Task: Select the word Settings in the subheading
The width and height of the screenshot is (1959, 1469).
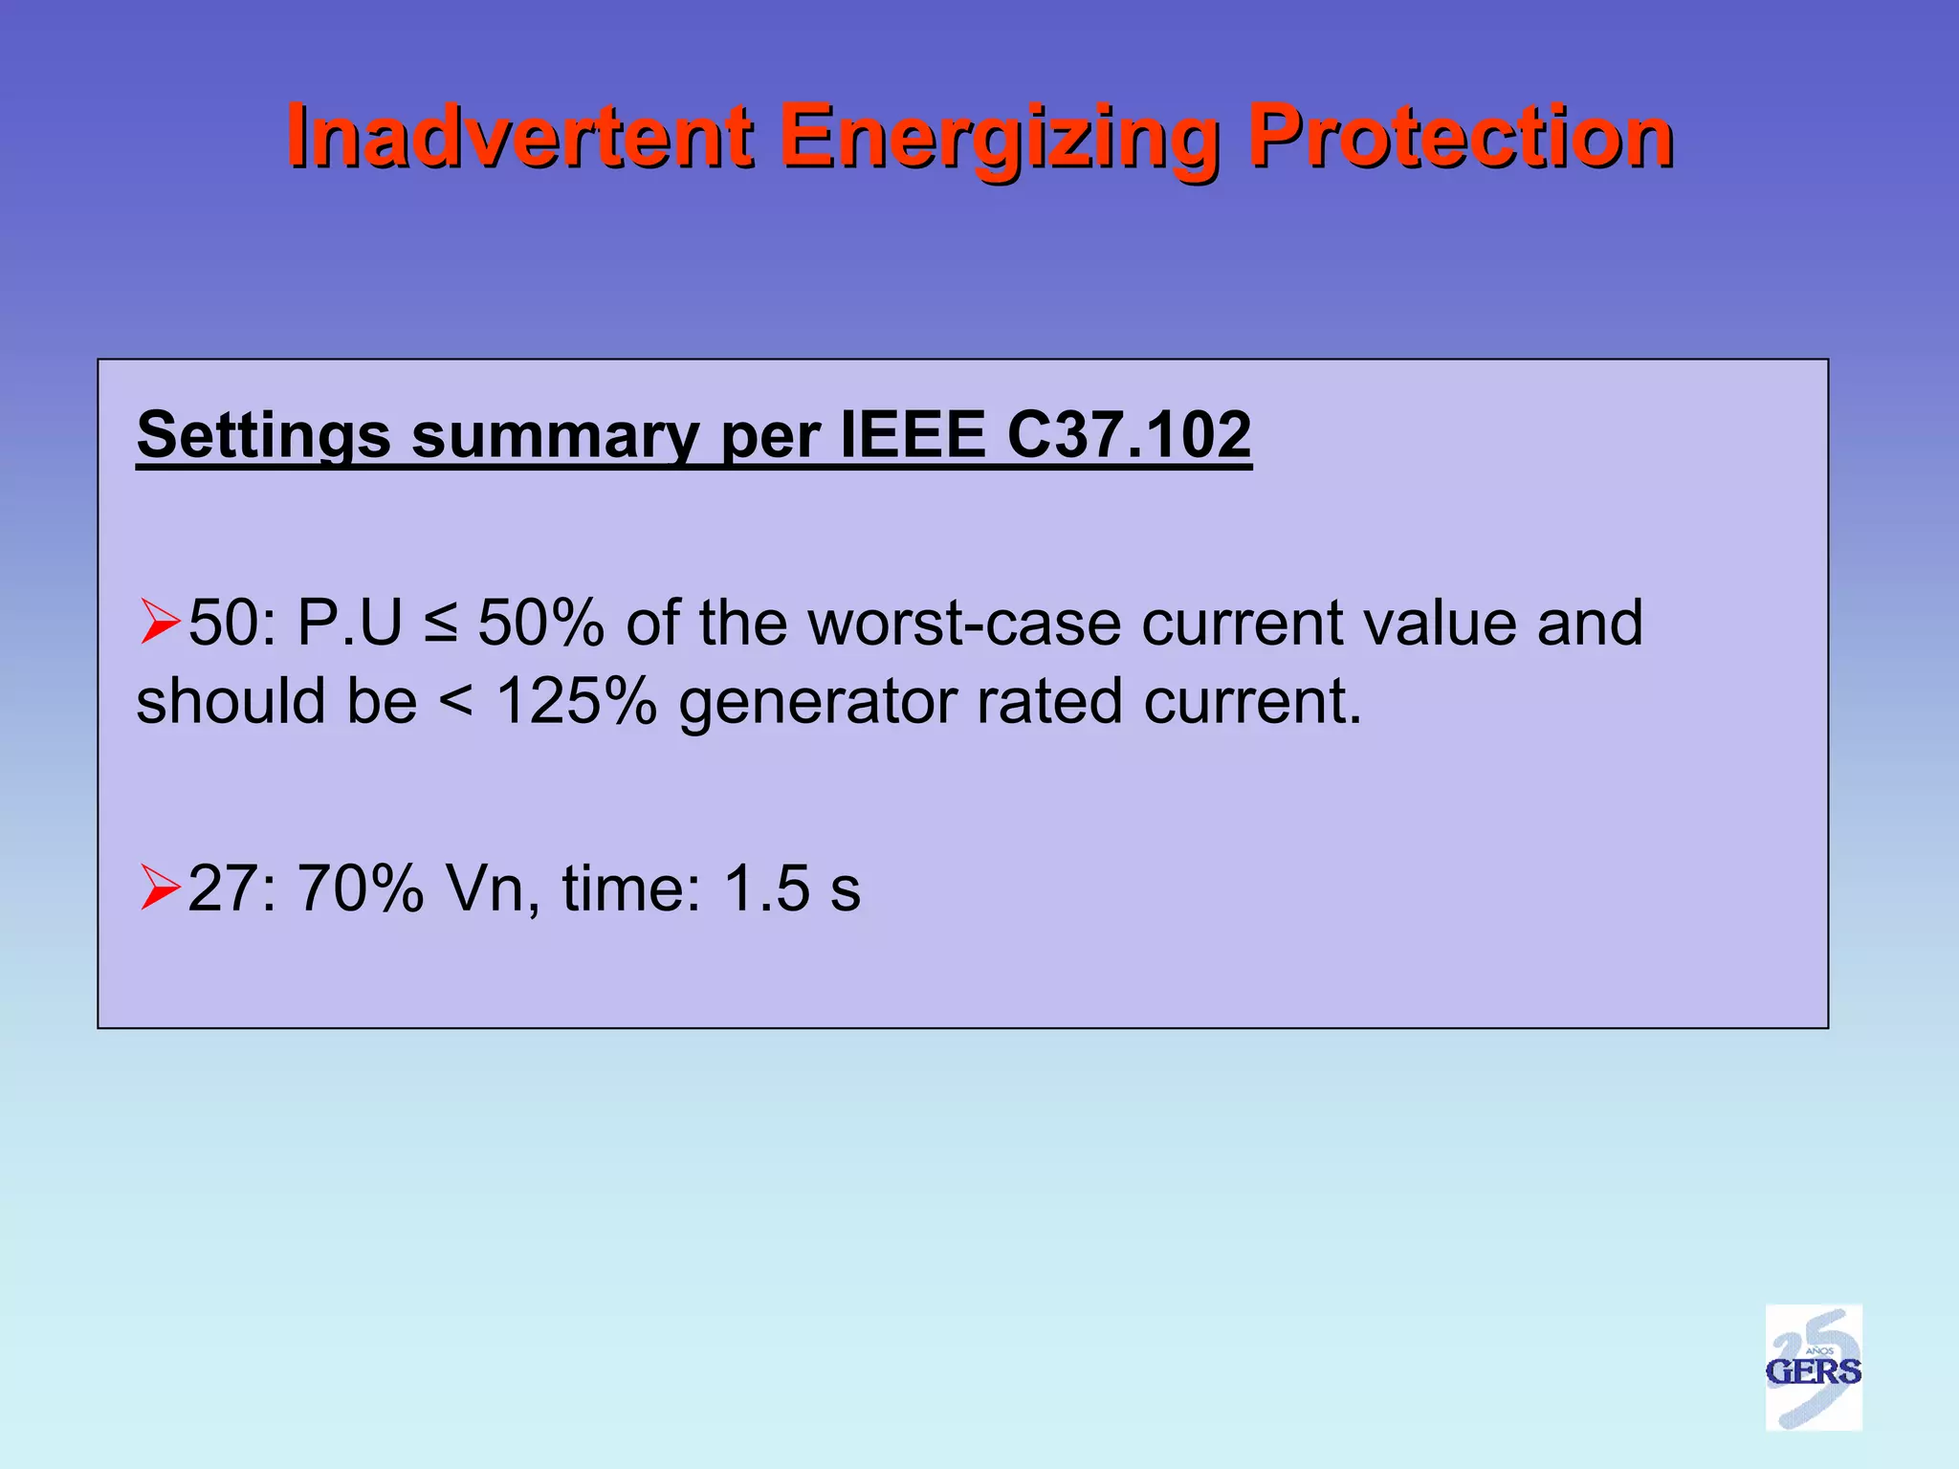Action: coord(263,436)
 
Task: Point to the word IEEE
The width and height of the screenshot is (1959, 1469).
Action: coord(913,434)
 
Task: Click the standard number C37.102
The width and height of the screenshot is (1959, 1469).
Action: coord(1129,434)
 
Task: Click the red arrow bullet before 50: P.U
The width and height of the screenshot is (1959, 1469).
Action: coord(159,622)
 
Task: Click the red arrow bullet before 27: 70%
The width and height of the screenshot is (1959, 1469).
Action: coord(159,887)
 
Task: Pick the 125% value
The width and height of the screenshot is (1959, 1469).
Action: coord(576,701)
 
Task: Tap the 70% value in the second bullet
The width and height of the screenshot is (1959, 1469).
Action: coord(361,888)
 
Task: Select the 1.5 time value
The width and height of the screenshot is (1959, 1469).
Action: coord(767,888)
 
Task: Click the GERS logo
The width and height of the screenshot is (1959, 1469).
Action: coord(1813,1368)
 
